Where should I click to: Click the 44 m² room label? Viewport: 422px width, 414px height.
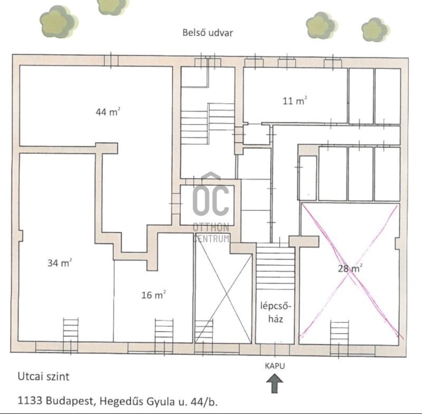(108, 111)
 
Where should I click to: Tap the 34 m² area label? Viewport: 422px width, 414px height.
(60, 263)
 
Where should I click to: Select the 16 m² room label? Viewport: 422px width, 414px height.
(154, 295)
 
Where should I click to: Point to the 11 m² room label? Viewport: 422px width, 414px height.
(295, 101)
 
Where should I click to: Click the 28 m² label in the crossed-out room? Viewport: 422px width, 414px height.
(350, 268)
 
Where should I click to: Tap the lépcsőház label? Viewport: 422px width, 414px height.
(275, 312)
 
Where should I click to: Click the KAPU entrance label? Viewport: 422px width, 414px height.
(275, 366)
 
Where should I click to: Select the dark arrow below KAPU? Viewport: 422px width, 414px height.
(274, 383)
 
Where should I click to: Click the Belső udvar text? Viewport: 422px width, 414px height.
(207, 33)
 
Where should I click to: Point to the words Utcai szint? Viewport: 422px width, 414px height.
(43, 377)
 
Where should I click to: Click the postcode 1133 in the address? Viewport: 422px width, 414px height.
(30, 400)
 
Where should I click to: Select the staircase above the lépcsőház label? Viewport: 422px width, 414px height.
(275, 266)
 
